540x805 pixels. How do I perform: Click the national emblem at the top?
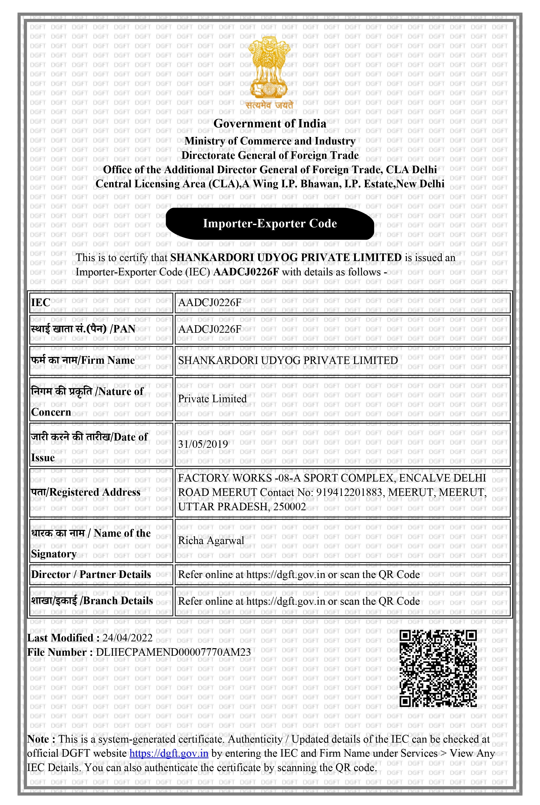click(269, 69)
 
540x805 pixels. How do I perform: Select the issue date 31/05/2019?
click(203, 444)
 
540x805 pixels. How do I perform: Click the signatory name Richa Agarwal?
click(211, 540)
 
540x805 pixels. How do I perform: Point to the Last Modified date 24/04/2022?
click(127, 638)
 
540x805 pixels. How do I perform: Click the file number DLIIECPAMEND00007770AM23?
click(173, 652)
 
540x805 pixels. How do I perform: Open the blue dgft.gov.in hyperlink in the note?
click(169, 753)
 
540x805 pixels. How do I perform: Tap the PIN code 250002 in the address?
click(289, 507)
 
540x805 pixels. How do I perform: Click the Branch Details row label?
click(92, 601)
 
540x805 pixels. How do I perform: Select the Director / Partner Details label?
click(91, 574)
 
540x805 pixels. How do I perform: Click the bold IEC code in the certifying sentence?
click(246, 272)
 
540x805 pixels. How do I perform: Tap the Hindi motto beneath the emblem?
click(269, 105)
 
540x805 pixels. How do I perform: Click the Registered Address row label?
click(86, 492)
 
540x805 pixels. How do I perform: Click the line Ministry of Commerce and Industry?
click(270, 141)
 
